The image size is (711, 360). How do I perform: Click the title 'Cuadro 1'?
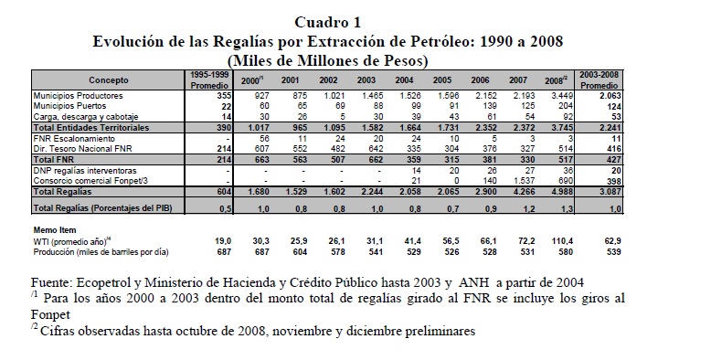327,22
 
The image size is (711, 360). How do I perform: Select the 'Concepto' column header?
109,80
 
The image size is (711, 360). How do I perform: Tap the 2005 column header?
442,80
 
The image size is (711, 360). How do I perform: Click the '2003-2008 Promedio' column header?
600,79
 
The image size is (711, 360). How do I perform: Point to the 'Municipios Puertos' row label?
69,106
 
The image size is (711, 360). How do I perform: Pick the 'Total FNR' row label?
54,160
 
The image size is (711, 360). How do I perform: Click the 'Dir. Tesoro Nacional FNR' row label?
82,149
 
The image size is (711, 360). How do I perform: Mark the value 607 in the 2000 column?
261,149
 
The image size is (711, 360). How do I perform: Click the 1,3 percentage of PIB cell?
567,209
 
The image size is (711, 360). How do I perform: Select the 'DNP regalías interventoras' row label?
85,171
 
